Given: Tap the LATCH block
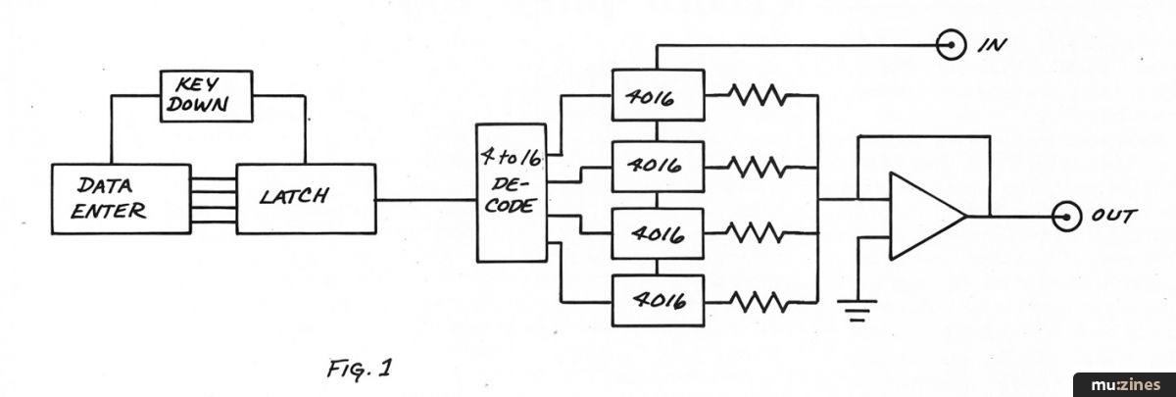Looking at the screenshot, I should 306,199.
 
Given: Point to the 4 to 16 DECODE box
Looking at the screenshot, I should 511,192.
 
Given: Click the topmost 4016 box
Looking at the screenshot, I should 658,95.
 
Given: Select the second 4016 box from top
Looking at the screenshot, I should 658,166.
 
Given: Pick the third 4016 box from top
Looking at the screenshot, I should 658,236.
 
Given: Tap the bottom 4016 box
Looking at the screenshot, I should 658,299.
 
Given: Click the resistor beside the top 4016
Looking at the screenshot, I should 756,95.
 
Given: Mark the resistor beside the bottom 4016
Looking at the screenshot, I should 756,299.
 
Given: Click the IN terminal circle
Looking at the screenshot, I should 948,43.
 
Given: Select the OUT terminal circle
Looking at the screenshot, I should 1062,217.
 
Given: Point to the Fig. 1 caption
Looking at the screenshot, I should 361,371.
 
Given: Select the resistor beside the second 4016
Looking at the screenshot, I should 756,166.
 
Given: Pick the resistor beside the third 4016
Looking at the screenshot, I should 756,236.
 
